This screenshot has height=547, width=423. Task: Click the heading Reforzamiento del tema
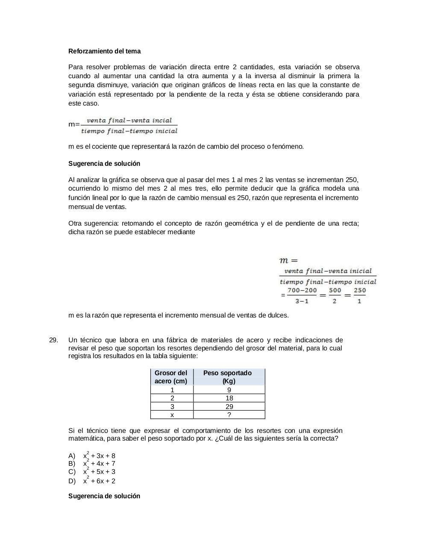click(x=104, y=51)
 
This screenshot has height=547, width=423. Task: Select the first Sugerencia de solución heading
click(x=104, y=164)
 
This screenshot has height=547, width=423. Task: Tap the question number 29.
click(x=53, y=340)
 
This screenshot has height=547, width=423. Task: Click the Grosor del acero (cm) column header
click(x=171, y=377)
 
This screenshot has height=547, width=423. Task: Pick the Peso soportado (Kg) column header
click(x=229, y=377)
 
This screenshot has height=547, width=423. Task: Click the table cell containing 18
click(x=229, y=398)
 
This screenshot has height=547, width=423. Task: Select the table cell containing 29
click(x=229, y=407)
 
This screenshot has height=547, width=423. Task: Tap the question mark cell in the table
click(x=229, y=415)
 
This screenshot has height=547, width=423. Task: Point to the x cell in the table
click(x=172, y=415)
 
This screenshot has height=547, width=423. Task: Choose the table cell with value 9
click(x=229, y=390)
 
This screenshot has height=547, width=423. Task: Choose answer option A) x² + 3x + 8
click(x=99, y=456)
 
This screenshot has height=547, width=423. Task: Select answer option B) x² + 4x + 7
click(x=99, y=464)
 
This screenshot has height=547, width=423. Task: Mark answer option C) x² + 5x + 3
click(x=99, y=472)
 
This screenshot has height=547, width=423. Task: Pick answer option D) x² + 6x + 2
click(x=99, y=481)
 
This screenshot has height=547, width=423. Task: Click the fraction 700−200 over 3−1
click(x=302, y=295)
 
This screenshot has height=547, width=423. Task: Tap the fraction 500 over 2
click(x=335, y=295)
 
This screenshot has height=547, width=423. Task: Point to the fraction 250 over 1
click(x=359, y=295)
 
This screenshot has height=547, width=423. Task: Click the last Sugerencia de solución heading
click(x=104, y=496)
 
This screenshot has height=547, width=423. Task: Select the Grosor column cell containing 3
click(x=172, y=407)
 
